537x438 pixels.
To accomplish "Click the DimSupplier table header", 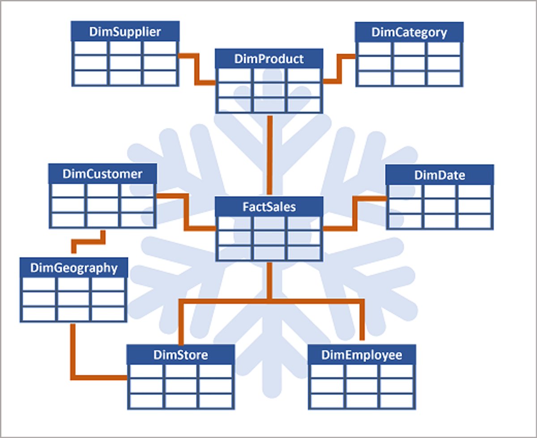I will click(125, 31).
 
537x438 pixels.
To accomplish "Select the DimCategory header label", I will click(409, 32).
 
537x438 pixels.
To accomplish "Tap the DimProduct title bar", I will click(269, 59).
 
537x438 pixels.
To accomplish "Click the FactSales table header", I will click(269, 207).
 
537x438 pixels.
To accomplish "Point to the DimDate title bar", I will click(439, 174).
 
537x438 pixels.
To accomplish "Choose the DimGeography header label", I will click(74, 268).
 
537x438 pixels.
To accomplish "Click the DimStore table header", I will click(180, 355).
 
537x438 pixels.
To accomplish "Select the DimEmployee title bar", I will click(362, 355).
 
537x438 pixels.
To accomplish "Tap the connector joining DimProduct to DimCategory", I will click(340, 69).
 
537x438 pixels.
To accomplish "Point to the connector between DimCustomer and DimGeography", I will click(89, 242).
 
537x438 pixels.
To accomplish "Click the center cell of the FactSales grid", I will click(269, 238).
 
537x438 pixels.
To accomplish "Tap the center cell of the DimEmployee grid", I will click(362, 386).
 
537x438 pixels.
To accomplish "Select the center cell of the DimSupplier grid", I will click(125, 63).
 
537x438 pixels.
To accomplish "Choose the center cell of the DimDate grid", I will click(439, 206).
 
